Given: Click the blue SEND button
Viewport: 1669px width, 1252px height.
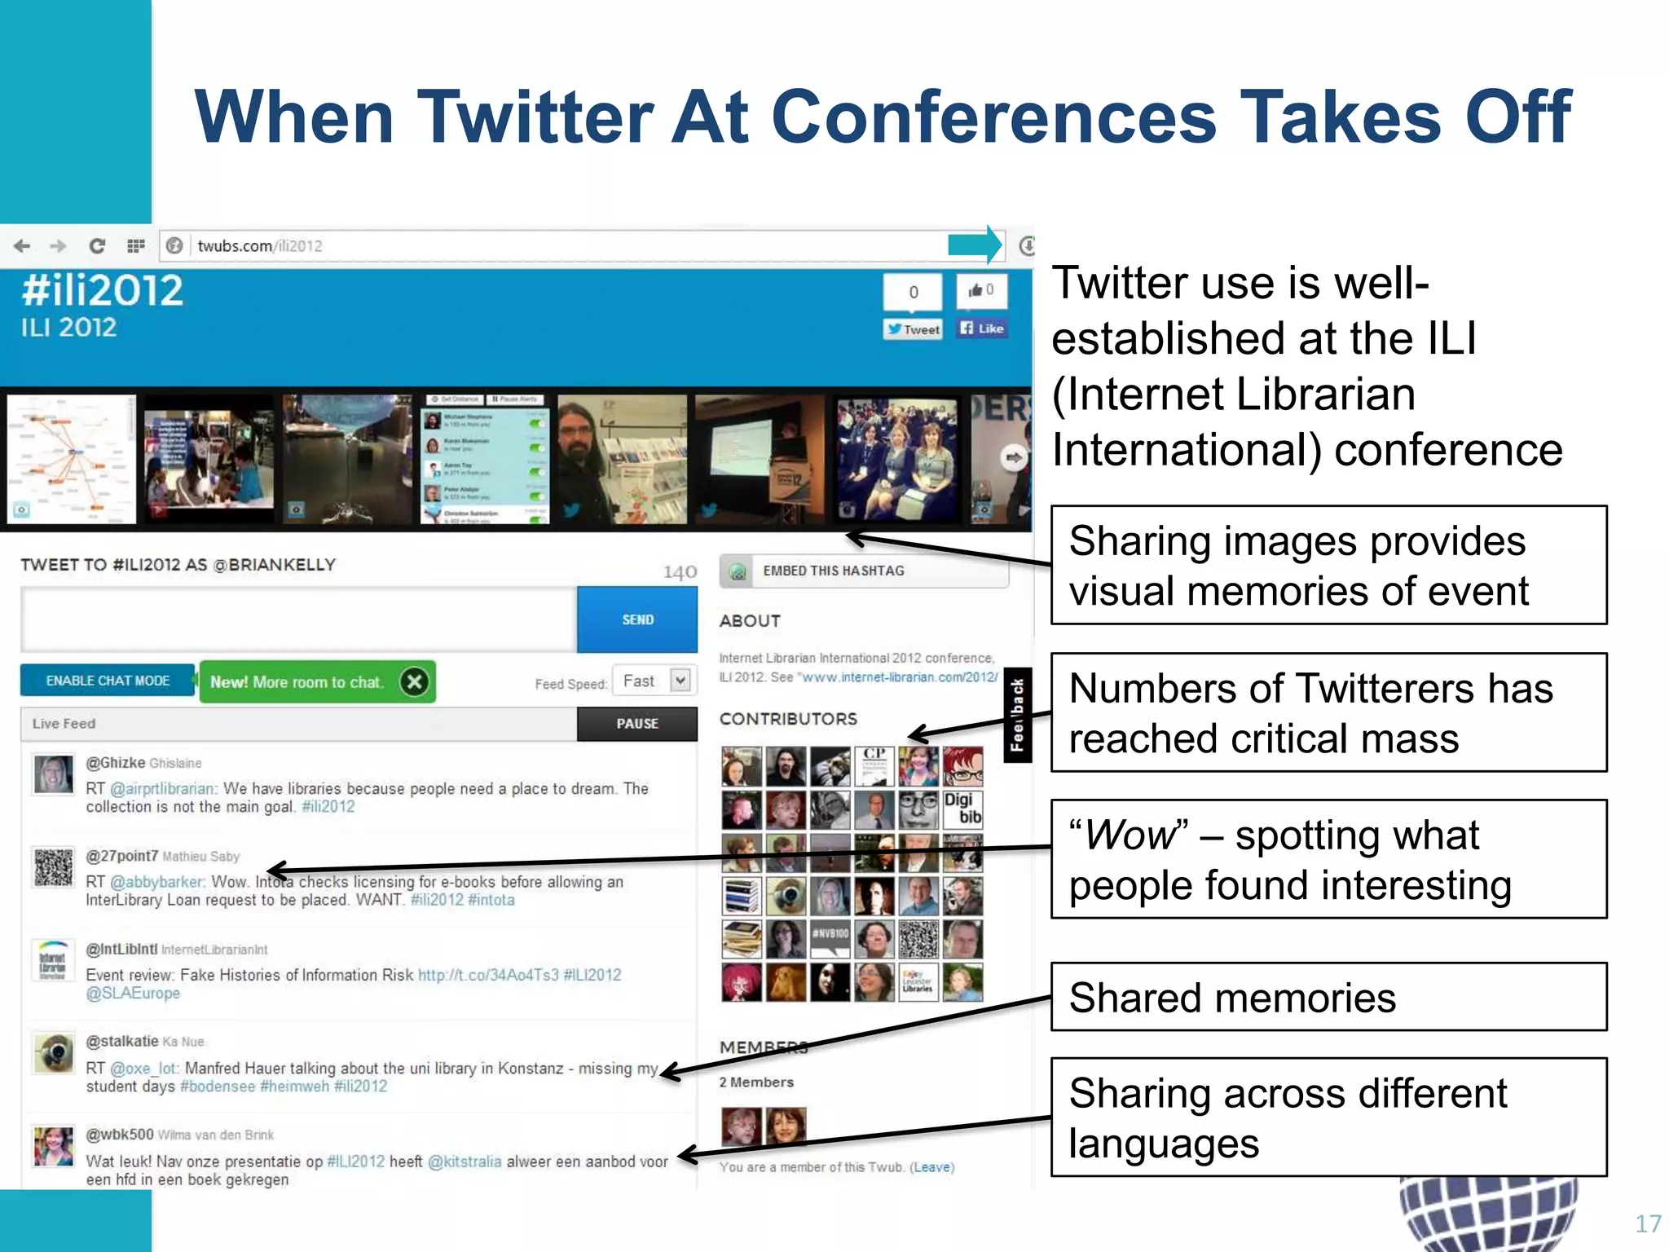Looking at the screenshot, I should tap(637, 620).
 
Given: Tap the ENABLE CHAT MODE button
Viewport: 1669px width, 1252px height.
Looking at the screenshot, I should tap(108, 681).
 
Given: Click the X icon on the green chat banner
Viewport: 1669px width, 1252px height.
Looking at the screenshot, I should tap(414, 681).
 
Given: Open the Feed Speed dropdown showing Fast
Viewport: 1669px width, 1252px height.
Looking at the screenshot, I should tap(654, 681).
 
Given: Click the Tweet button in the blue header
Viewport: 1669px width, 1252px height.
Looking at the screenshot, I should tap(914, 329).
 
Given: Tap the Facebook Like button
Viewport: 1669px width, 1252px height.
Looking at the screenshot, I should tap(982, 328).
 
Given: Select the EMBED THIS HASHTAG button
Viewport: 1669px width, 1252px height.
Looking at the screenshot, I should tap(864, 571).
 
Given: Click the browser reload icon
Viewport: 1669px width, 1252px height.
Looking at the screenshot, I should tap(96, 246).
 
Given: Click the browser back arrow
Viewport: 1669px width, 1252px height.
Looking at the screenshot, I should tap(22, 246).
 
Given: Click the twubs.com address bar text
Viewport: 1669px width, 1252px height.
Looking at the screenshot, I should tap(259, 246).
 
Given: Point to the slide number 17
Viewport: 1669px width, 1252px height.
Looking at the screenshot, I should tap(1648, 1223).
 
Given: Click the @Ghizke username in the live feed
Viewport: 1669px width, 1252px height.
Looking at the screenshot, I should tap(116, 763).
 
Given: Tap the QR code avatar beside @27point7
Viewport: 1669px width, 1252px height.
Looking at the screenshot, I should tap(54, 867).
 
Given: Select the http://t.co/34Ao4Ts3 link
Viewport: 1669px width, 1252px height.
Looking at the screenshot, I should tap(488, 975).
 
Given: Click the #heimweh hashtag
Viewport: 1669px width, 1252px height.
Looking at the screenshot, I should tap(294, 1087).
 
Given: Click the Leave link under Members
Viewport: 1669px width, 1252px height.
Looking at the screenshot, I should tap(931, 1167).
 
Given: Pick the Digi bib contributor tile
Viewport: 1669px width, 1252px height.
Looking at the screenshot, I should tap(962, 809).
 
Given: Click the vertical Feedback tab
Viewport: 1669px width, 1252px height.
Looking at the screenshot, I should tap(1017, 715).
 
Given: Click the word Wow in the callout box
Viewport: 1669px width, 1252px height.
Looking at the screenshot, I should tap(1130, 835).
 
